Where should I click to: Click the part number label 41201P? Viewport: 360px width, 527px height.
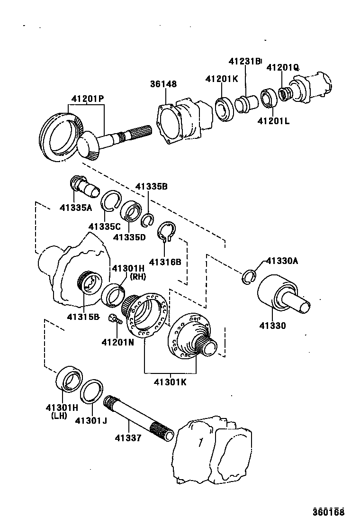88,99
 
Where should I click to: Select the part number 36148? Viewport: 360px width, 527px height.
163,84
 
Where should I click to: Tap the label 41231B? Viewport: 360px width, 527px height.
244,61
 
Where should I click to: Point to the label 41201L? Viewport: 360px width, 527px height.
273,121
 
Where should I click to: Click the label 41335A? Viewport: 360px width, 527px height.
76,207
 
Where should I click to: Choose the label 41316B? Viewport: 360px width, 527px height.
165,262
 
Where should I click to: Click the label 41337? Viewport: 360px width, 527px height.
127,438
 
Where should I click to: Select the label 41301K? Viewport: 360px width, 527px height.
170,382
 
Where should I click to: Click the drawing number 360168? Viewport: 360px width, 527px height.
328,512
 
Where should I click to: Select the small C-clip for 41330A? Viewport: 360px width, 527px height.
249,278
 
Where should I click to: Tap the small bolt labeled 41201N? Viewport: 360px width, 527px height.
114,319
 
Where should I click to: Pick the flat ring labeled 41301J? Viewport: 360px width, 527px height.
92,391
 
